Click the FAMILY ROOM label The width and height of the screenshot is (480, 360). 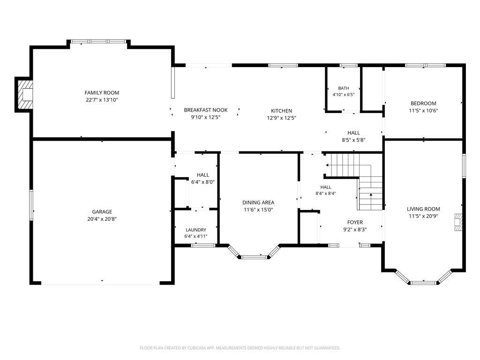click(102, 92)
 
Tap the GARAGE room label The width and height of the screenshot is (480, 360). click(102, 211)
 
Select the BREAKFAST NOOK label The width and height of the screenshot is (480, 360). click(206, 110)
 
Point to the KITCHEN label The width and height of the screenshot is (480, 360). click(281, 111)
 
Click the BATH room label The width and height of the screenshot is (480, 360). click(344, 88)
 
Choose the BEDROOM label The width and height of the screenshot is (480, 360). click(423, 104)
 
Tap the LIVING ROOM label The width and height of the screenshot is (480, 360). click(423, 209)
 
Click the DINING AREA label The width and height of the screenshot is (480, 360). click(258, 202)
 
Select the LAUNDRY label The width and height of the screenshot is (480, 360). click(196, 230)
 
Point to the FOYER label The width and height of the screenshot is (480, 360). click(355, 222)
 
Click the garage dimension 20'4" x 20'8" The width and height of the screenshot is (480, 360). click(102, 219)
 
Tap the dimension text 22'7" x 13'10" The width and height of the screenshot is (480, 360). click(102, 100)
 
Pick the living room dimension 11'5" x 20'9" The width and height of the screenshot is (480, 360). click(423, 216)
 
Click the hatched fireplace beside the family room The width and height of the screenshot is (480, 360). click(24, 95)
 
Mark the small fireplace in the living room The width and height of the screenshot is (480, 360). click(458, 222)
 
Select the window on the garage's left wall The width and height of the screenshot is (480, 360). click(31, 205)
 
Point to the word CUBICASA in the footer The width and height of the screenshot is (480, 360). click(196, 348)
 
